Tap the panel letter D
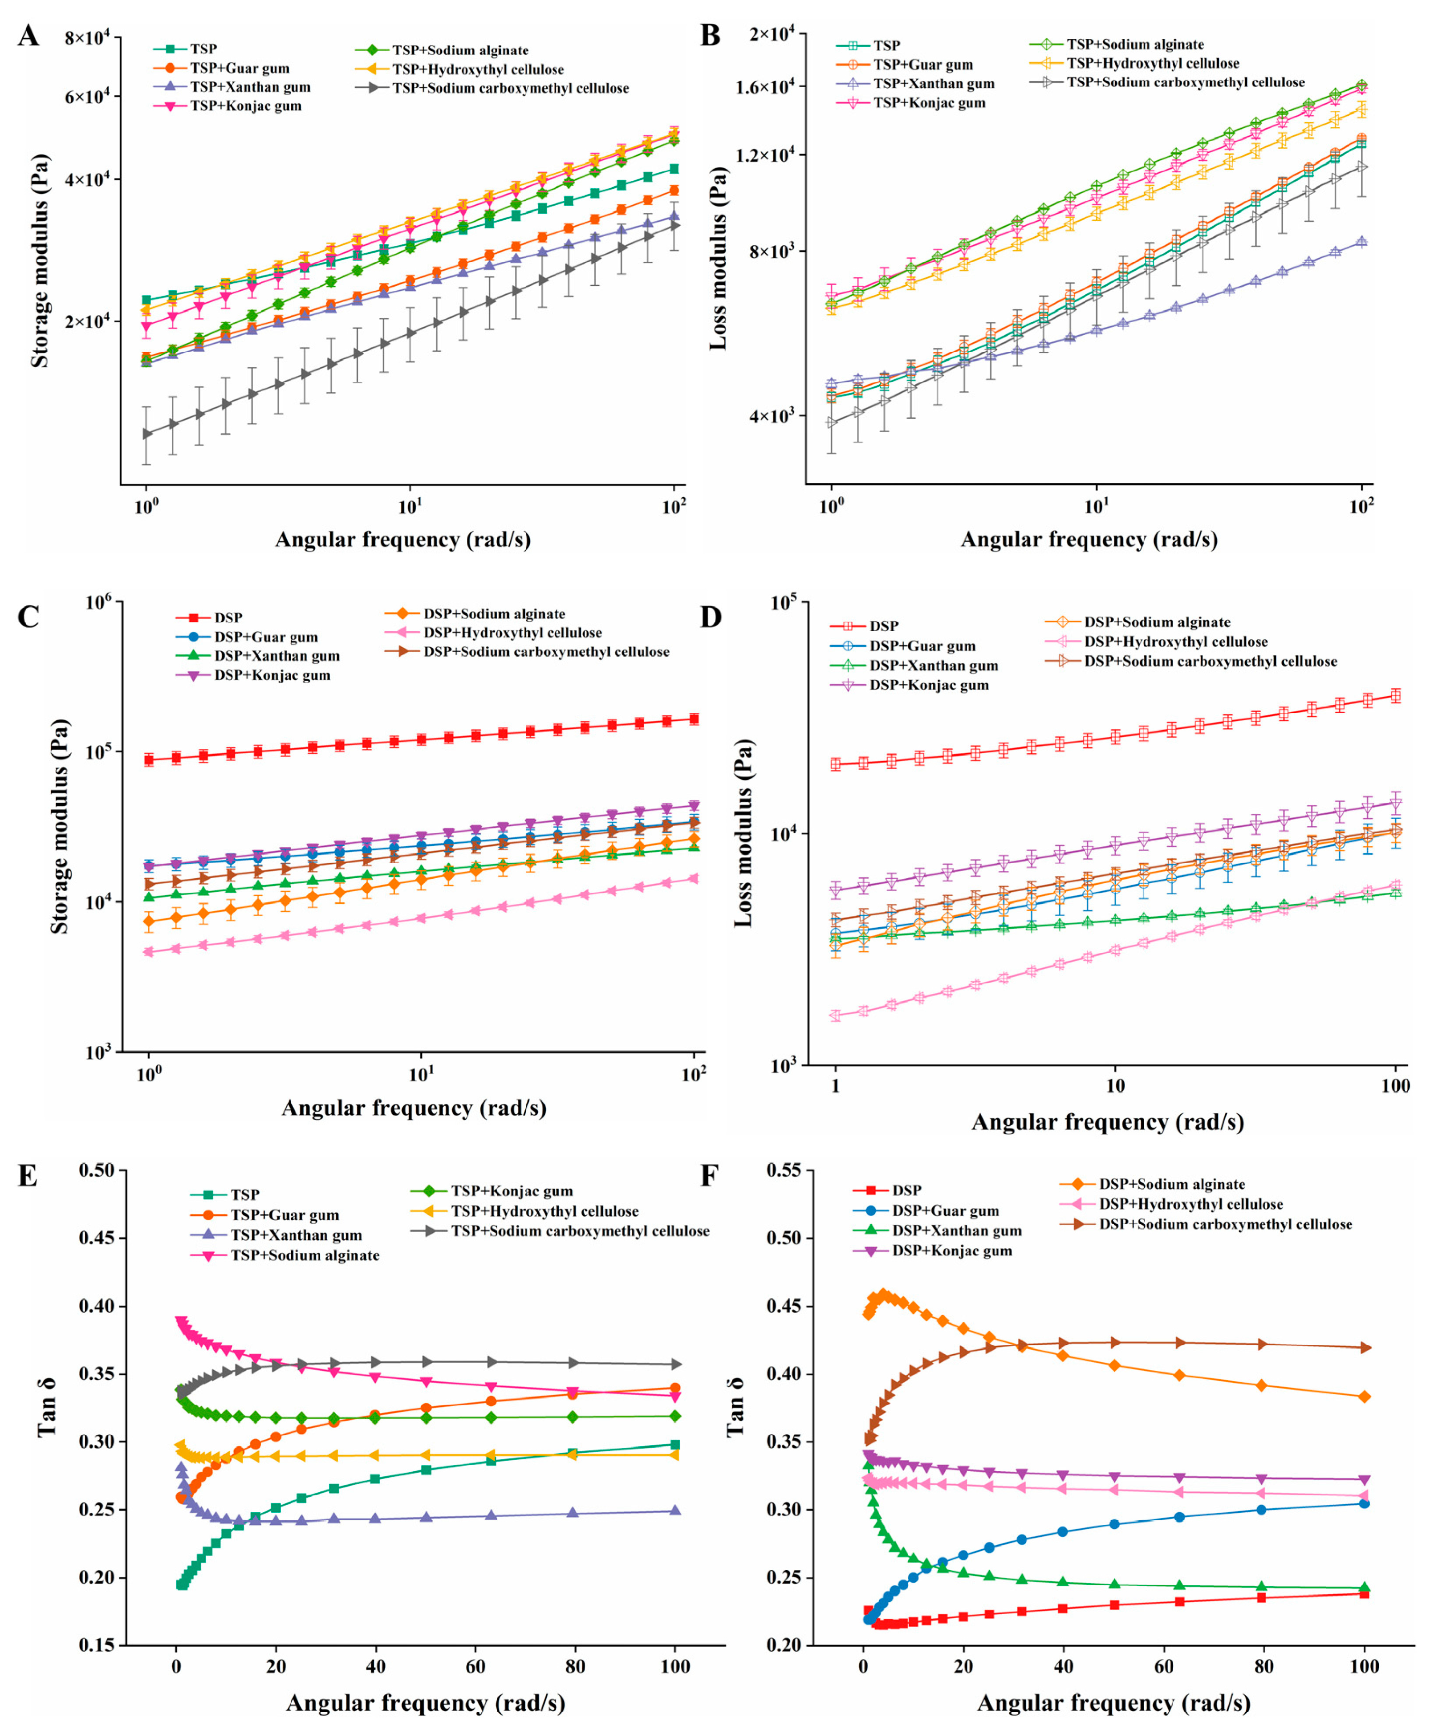point(710,616)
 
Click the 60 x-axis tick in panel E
point(475,1665)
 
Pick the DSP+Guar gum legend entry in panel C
point(265,637)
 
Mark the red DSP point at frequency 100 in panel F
point(1364,1594)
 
